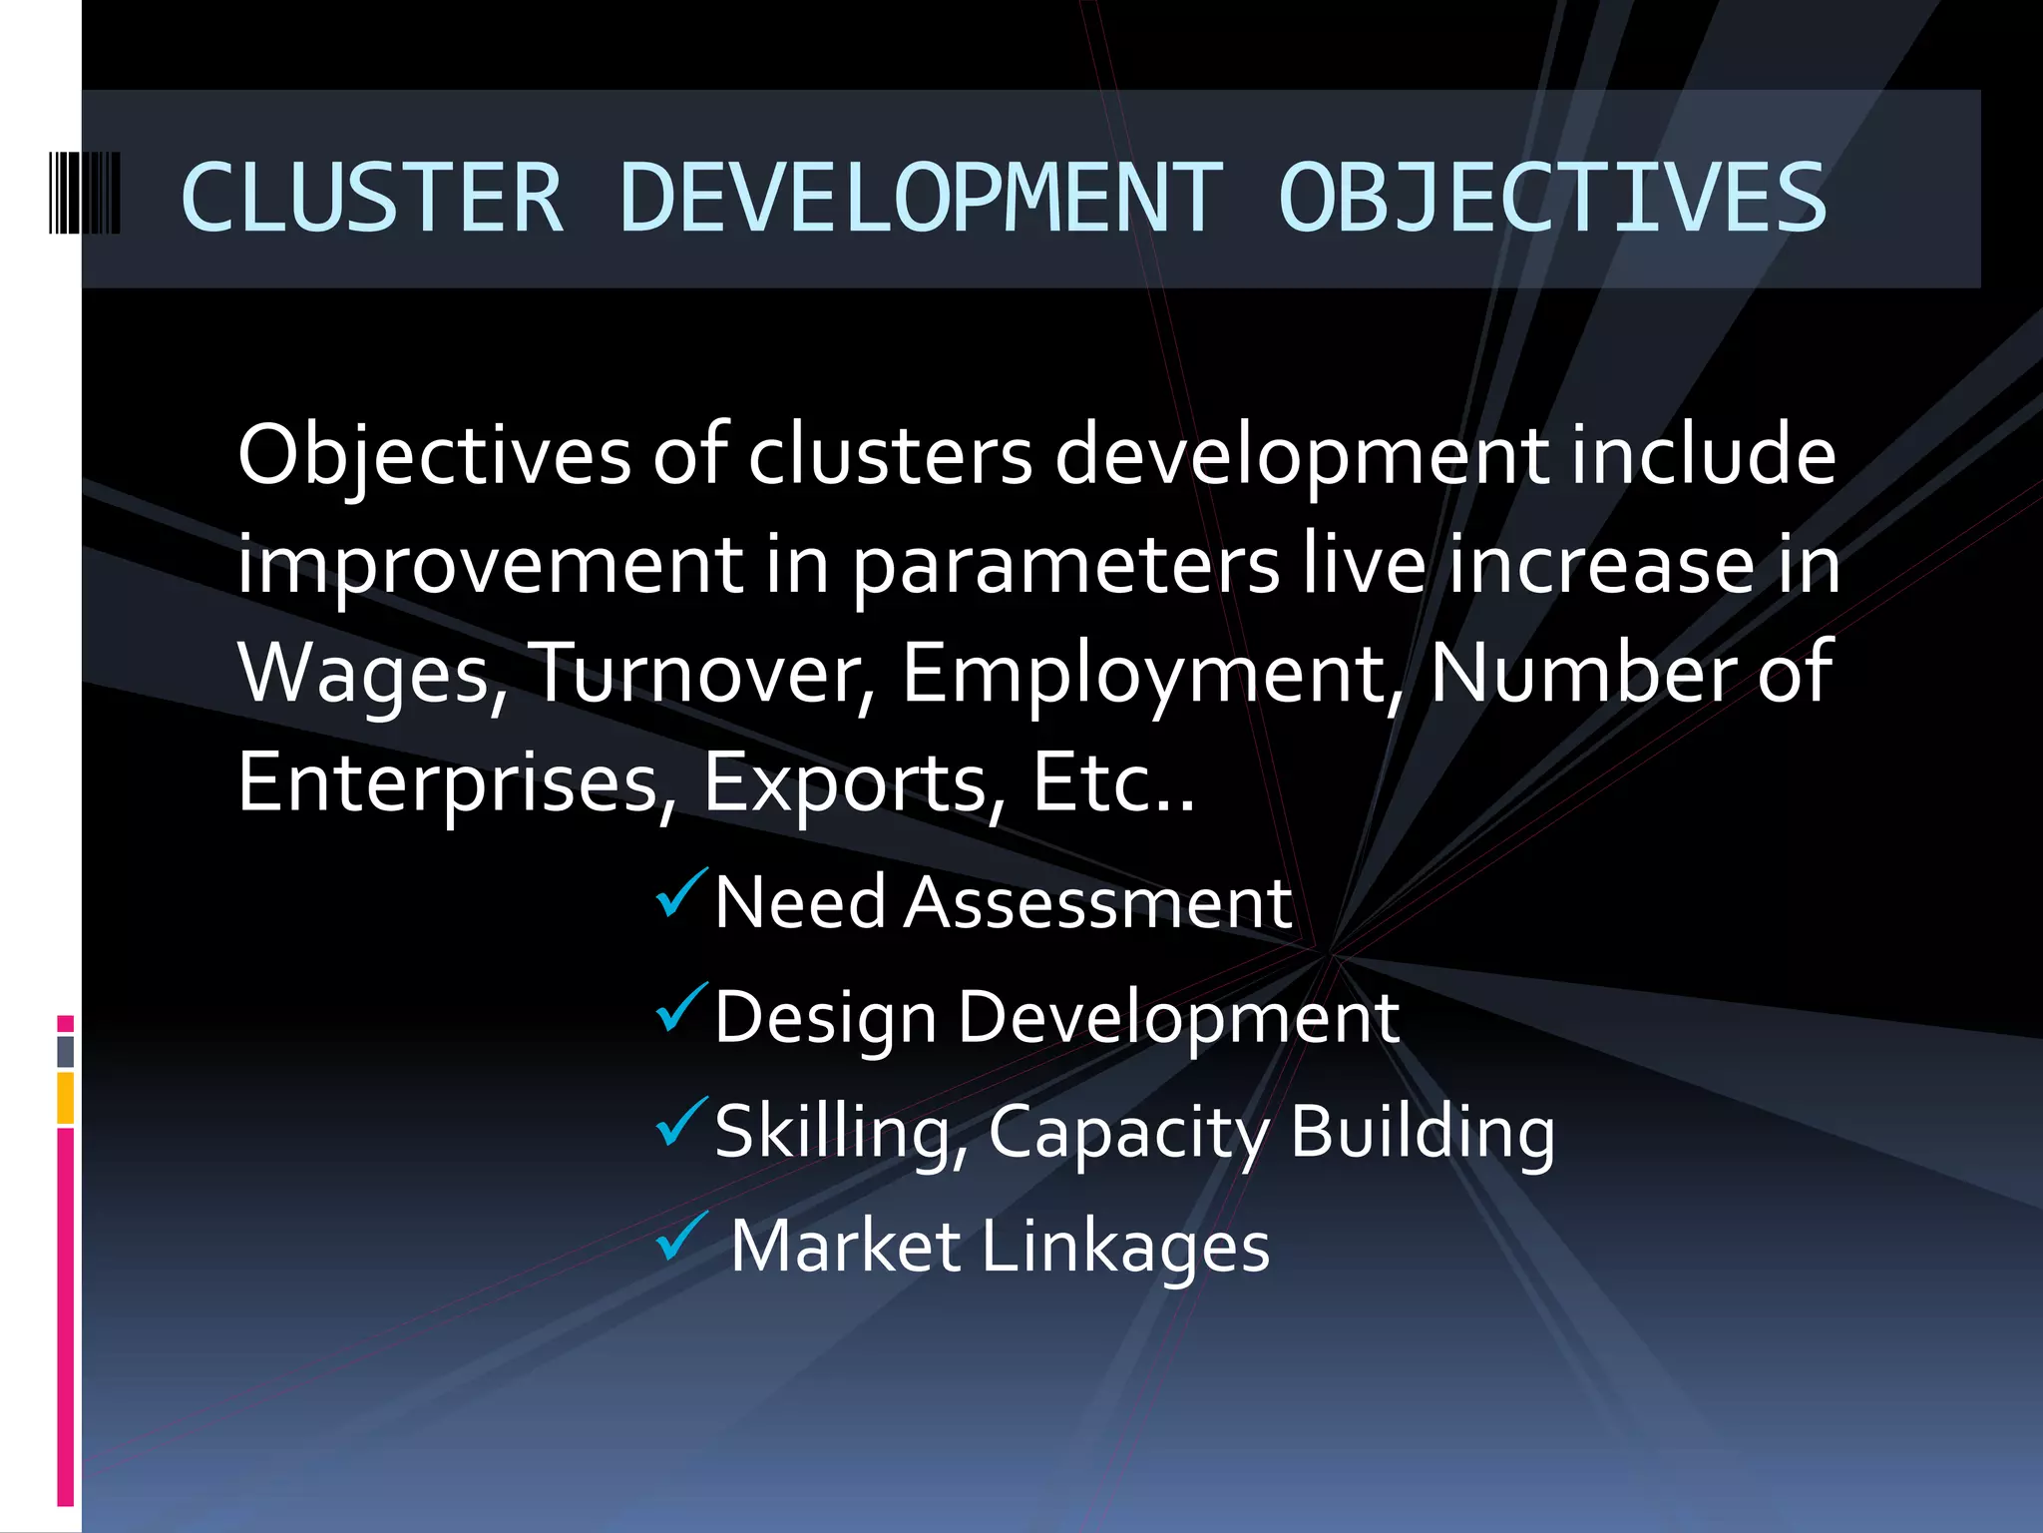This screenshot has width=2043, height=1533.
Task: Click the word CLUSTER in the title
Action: click(x=372, y=198)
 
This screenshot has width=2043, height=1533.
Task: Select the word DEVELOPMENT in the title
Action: click(x=920, y=198)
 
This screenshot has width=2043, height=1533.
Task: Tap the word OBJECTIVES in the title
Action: click(x=1552, y=198)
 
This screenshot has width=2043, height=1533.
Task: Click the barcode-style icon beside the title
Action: click(x=85, y=193)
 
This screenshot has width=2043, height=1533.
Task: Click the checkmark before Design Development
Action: click(x=681, y=1008)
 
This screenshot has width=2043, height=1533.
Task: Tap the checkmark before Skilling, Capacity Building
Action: click(x=681, y=1122)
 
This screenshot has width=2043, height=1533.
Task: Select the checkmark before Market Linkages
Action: click(x=681, y=1237)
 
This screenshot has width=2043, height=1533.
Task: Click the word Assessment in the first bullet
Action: click(x=1097, y=903)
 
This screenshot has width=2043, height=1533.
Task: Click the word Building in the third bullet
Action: click(x=1422, y=1133)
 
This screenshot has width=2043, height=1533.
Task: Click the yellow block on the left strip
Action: click(x=66, y=1098)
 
